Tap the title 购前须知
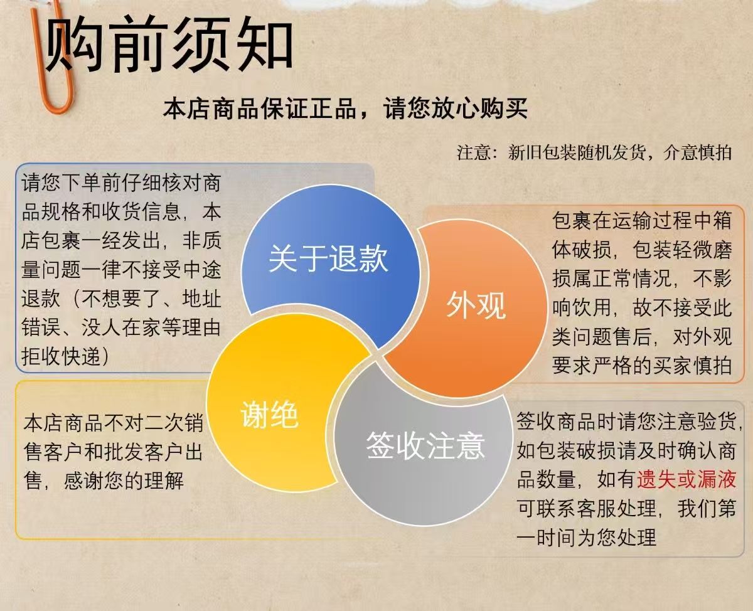click(x=169, y=45)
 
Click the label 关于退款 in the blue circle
click(x=328, y=259)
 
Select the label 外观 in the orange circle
click(x=476, y=305)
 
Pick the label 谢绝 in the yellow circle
click(x=269, y=415)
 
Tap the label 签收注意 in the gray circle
click(x=425, y=445)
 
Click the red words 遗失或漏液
click(x=686, y=479)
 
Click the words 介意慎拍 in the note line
click(x=697, y=152)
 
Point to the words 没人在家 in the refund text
click(x=121, y=327)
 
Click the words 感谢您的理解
click(x=124, y=481)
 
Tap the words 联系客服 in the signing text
click(x=576, y=509)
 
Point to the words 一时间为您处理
click(x=587, y=538)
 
